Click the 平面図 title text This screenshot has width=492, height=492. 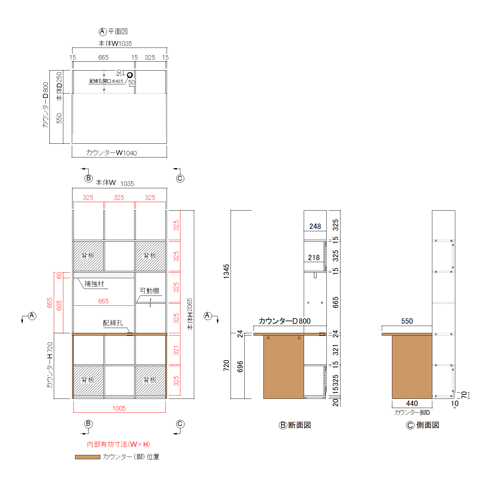pyautogui.click(x=118, y=31)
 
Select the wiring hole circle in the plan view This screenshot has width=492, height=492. pyautogui.click(x=130, y=75)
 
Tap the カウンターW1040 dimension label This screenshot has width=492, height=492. pyautogui.click(x=111, y=153)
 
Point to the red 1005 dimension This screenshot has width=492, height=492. pyautogui.click(x=119, y=408)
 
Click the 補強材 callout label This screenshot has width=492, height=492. pyautogui.click(x=94, y=284)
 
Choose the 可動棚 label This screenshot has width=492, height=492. pyautogui.click(x=149, y=291)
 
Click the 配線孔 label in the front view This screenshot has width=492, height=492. pyautogui.click(x=113, y=323)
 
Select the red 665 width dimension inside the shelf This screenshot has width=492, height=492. pyautogui.click(x=103, y=301)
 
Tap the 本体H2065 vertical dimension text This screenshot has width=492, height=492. pyautogui.click(x=190, y=314)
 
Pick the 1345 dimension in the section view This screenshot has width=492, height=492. pyautogui.click(x=226, y=272)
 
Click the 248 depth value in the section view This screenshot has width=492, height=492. pyautogui.click(x=315, y=226)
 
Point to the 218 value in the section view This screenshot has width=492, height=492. pyautogui.click(x=314, y=257)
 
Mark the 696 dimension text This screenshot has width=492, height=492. pyautogui.click(x=240, y=366)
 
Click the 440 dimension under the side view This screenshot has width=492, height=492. pyautogui.click(x=412, y=403)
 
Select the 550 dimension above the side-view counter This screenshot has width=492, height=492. pyautogui.click(x=407, y=321)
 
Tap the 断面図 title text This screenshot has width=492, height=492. pyautogui.click(x=299, y=425)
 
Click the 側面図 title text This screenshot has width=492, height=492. pyautogui.click(x=428, y=425)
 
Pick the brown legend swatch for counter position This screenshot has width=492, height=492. pyautogui.click(x=88, y=457)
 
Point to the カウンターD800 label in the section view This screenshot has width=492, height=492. pyautogui.click(x=285, y=321)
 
